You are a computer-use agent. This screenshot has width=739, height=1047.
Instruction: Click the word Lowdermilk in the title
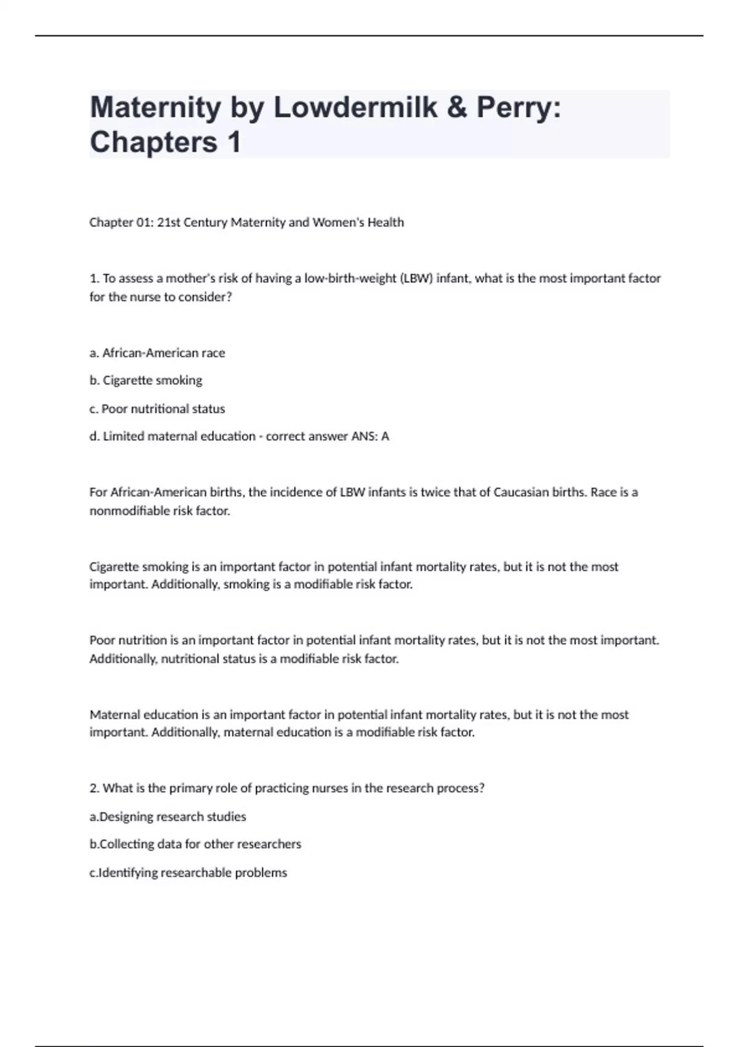coord(355,108)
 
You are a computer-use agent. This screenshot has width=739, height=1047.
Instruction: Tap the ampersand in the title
coord(456,108)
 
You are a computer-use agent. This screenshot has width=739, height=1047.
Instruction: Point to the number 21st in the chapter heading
coord(168,222)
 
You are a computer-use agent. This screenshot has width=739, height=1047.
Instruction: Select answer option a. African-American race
coord(157,353)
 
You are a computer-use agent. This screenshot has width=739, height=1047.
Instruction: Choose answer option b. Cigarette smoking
coord(146,381)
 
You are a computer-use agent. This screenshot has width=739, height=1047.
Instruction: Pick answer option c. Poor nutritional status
coord(157,409)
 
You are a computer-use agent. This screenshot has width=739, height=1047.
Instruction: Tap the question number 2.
coord(94,788)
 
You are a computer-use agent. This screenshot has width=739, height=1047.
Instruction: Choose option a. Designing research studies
coord(168,817)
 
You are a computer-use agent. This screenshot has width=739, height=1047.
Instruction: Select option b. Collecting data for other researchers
coord(195,844)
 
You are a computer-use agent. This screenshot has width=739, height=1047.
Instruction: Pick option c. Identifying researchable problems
coord(188,873)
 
